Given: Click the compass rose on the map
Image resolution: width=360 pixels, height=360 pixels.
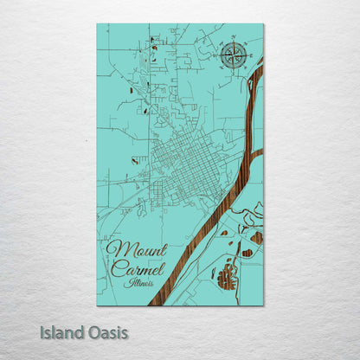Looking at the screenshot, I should (x=231, y=55).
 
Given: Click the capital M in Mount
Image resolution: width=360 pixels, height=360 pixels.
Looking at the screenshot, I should (x=116, y=250).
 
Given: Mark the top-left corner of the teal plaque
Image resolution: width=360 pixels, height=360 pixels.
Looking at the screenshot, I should (x=97, y=24).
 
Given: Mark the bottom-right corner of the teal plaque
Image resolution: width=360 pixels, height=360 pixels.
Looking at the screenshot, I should (x=263, y=305).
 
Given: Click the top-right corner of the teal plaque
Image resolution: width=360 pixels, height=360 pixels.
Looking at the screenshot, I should (x=263, y=24).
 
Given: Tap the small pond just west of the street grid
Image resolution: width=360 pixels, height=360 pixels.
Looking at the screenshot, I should (x=134, y=160).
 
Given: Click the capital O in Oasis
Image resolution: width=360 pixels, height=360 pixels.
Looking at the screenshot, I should (x=93, y=332).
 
